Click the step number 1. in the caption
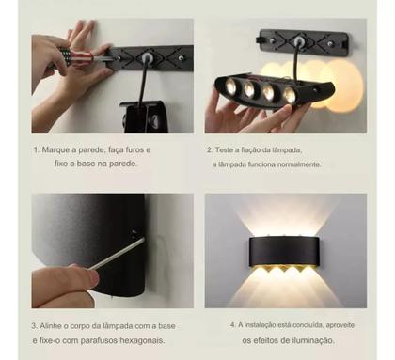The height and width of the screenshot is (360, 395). [x=36, y=149]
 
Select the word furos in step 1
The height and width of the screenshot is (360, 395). [x=133, y=149]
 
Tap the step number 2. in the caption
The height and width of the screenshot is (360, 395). [x=210, y=149]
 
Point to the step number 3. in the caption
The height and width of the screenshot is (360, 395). [x=36, y=325]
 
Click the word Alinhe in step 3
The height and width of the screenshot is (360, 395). [x=55, y=325]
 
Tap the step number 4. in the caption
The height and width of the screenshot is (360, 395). [x=231, y=325]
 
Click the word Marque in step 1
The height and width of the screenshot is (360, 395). [x=58, y=149]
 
